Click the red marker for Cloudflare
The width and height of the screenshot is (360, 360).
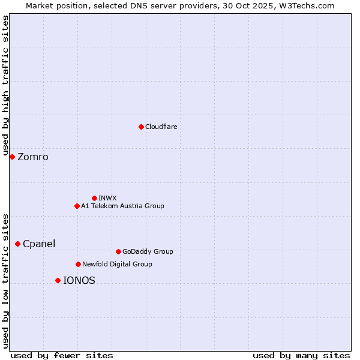(x=141, y=127)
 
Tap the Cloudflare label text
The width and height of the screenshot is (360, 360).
(x=161, y=127)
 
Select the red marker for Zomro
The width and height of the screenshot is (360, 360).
(x=12, y=157)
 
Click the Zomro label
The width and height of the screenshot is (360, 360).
(x=33, y=157)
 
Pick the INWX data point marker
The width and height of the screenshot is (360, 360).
(x=94, y=198)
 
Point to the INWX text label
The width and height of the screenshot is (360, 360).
(x=107, y=198)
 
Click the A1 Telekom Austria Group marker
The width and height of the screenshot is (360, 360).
(x=77, y=206)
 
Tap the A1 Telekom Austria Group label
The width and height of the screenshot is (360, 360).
(x=122, y=206)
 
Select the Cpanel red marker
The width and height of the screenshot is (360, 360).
(x=17, y=244)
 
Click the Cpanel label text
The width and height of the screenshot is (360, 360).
(x=39, y=244)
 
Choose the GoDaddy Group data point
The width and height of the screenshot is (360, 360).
(x=118, y=251)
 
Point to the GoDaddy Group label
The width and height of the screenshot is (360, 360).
(x=148, y=251)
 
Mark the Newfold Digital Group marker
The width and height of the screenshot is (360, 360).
(x=78, y=264)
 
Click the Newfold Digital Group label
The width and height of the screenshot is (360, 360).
(x=117, y=264)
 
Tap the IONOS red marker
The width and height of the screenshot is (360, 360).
(x=58, y=280)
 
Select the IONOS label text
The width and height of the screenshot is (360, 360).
(x=79, y=280)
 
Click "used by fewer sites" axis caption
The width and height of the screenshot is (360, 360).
(x=62, y=355)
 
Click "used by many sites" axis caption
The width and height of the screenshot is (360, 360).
(x=301, y=355)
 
